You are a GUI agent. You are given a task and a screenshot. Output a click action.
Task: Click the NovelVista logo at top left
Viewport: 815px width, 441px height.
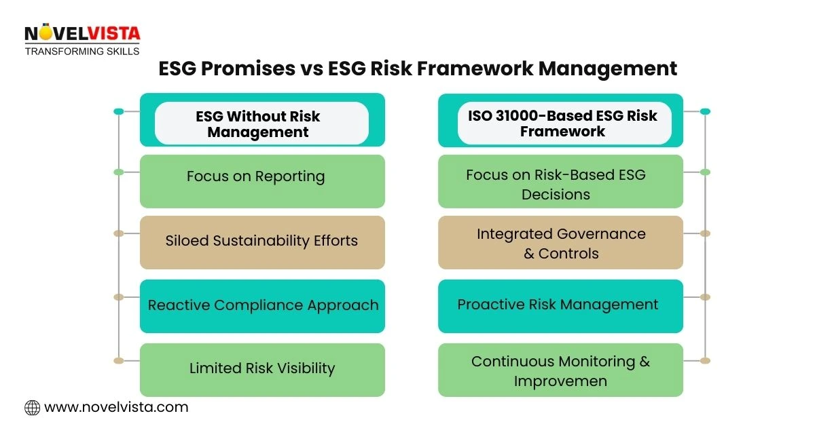click(81, 34)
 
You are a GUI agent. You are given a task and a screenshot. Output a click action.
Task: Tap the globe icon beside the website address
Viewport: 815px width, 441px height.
click(32, 408)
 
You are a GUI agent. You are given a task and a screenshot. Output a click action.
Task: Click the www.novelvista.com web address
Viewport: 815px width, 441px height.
click(116, 408)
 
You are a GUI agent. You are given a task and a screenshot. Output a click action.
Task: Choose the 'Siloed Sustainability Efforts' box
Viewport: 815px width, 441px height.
click(262, 242)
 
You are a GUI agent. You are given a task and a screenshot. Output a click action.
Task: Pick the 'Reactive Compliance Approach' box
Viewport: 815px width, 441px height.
click(262, 305)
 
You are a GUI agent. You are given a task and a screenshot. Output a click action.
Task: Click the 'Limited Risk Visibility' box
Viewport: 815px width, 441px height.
click(262, 369)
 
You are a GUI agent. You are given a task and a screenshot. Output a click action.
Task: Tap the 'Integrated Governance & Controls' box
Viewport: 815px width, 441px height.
click(560, 242)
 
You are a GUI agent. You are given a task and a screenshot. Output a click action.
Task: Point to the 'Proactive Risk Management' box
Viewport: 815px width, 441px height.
click(560, 305)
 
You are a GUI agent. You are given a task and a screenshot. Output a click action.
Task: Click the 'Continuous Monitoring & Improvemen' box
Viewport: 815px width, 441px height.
click(560, 370)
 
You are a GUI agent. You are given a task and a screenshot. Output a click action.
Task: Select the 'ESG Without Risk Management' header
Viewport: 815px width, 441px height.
click(262, 123)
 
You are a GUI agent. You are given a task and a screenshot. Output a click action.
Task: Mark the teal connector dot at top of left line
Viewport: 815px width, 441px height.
click(119, 111)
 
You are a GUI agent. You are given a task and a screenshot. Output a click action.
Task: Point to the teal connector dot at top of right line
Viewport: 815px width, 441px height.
click(705, 111)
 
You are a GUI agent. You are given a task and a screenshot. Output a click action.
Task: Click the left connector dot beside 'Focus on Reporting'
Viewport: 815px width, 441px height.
click(119, 172)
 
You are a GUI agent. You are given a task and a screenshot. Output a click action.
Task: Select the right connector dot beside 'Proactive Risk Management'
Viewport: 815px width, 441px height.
click(705, 297)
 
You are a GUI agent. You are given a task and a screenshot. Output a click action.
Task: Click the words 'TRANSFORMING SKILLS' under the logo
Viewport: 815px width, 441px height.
click(81, 51)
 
